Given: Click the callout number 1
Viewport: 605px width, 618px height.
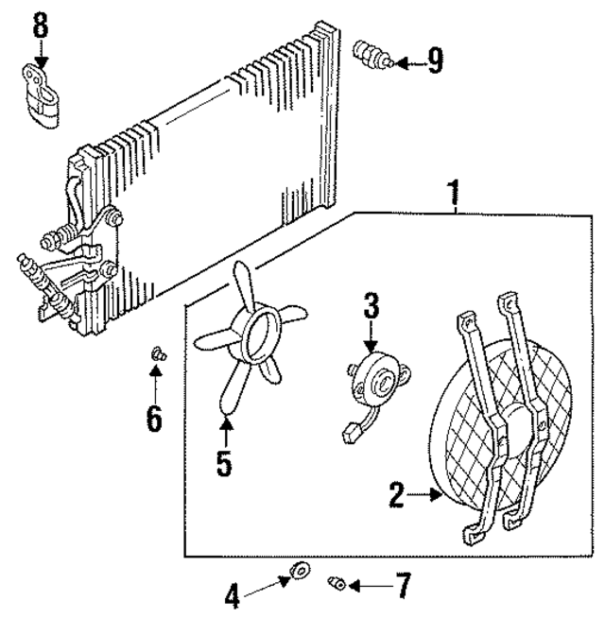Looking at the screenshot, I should (x=455, y=195).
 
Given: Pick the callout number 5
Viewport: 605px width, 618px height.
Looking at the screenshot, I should (x=224, y=462).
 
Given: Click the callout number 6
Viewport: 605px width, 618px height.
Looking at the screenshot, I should (x=154, y=416).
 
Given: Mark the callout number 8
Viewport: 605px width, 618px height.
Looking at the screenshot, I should (x=40, y=26).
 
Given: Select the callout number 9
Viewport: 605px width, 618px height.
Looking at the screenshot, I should (x=434, y=61).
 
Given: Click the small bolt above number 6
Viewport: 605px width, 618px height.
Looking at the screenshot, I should (x=157, y=354).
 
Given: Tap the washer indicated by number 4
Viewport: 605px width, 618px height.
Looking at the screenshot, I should (x=302, y=570).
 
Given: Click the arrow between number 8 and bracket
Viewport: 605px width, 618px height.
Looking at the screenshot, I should (x=40, y=53).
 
